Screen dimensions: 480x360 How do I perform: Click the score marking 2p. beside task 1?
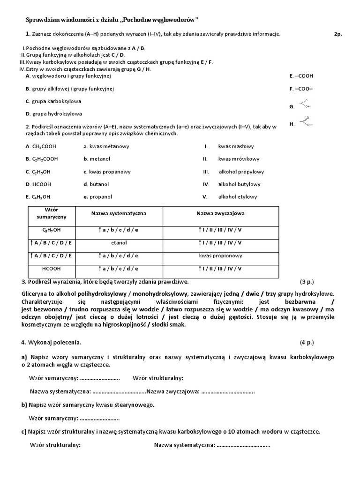(338, 34)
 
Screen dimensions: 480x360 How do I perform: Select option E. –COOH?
(301, 75)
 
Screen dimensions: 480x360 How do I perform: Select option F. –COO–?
(301, 88)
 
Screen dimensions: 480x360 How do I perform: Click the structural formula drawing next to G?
(305, 104)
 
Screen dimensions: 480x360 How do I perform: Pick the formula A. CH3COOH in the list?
(41, 146)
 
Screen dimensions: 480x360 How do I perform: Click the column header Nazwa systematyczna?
(119, 213)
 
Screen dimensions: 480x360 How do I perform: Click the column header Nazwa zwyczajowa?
(220, 213)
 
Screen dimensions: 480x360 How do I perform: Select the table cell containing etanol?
(119, 243)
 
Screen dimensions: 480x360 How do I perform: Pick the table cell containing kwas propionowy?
(220, 256)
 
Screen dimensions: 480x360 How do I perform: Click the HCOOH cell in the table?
(51, 269)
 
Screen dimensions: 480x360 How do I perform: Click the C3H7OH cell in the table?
(51, 230)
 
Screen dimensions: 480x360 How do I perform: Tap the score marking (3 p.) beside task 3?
(307, 282)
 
